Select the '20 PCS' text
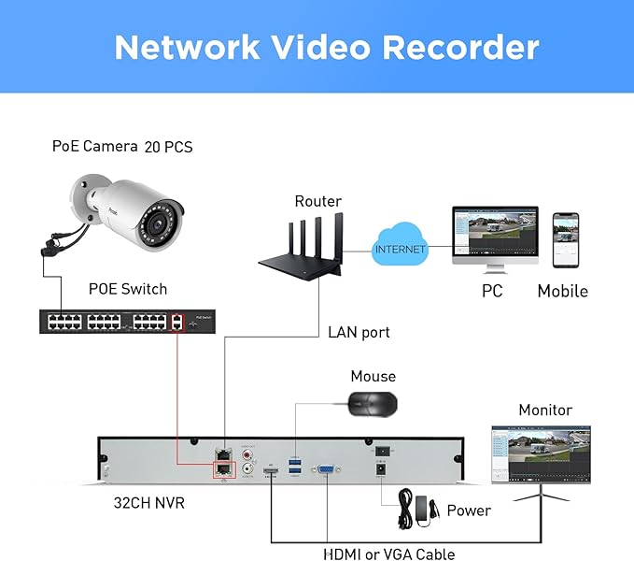(168, 147)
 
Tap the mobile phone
(565, 239)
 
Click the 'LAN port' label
(359, 331)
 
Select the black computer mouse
(372, 404)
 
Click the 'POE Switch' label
(128, 288)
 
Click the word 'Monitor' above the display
(545, 410)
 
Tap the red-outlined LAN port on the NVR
(224, 468)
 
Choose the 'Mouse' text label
(373, 376)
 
